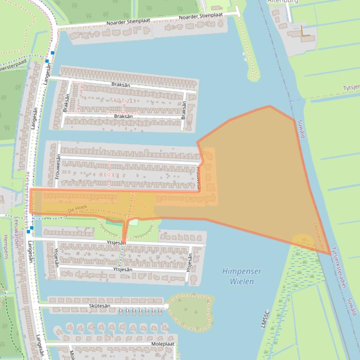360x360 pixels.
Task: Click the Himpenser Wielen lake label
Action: coord(241,276)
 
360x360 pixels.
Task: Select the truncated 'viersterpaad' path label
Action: coord(13,67)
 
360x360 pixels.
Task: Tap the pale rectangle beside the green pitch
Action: coord(134,223)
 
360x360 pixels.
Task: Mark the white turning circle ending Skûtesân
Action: coord(166,306)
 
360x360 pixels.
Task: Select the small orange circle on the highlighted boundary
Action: coord(302,242)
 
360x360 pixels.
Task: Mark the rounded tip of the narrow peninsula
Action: coord(253,76)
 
